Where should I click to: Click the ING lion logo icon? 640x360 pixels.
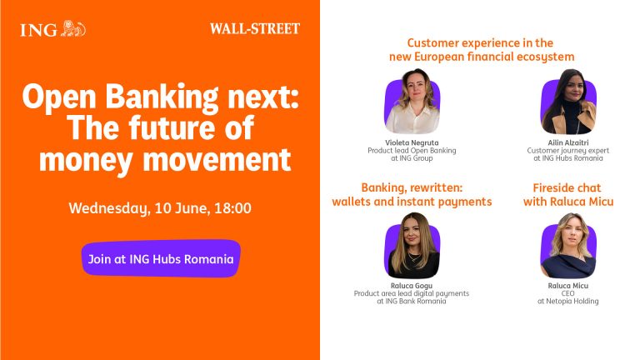(73, 28)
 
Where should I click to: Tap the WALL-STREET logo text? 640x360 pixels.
(255, 28)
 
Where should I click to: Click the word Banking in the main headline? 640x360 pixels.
(162, 97)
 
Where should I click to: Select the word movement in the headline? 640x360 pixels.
(217, 159)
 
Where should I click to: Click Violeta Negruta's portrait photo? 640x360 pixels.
(412, 102)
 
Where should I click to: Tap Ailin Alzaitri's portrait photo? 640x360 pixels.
(568, 102)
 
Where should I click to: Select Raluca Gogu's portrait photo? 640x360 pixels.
(412, 246)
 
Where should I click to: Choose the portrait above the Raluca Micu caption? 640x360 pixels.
(568, 246)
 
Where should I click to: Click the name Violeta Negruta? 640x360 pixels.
(412, 142)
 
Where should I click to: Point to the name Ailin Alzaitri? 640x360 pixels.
(568, 142)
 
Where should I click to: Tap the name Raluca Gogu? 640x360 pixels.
(412, 286)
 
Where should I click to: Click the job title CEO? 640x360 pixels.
(567, 293)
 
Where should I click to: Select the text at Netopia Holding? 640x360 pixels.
(568, 301)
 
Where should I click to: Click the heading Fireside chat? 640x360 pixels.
(567, 187)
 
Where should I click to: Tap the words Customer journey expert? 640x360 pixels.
(568, 151)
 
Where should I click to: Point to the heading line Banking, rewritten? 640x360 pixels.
(412, 187)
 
